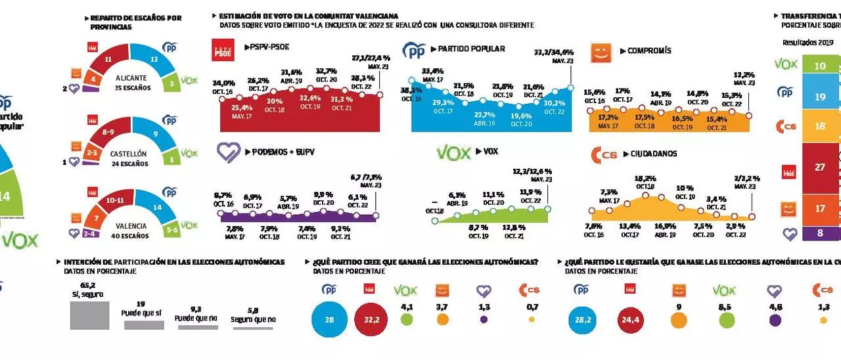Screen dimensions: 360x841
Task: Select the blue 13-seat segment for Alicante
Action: point(154,59)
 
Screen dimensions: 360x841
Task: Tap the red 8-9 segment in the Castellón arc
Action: point(108,131)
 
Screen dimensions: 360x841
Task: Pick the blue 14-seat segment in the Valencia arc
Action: point(156,208)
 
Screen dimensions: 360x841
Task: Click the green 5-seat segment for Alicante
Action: point(171,83)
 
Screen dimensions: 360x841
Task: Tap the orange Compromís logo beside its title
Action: point(602,51)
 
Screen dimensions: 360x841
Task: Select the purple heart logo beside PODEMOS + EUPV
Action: point(228,152)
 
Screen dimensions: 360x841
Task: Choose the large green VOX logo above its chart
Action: point(454,152)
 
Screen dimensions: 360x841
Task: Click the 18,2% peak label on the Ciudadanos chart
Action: point(645,178)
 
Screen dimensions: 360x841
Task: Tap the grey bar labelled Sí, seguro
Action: point(89,316)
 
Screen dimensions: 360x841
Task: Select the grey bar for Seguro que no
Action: point(252,327)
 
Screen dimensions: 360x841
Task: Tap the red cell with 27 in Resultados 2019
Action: point(820,168)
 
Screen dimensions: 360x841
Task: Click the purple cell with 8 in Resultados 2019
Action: point(820,233)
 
